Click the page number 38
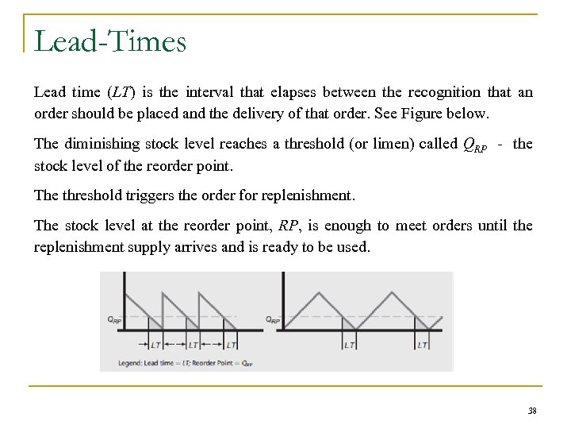pyautogui.click(x=531, y=412)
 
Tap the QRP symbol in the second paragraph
pyautogui.click(x=474, y=145)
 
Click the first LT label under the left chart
pyautogui.click(x=155, y=345)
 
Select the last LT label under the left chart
pyautogui.click(x=231, y=345)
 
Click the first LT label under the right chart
pyautogui.click(x=350, y=345)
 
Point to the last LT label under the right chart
pyautogui.click(x=422, y=345)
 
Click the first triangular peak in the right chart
pyautogui.click(x=320, y=288)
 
